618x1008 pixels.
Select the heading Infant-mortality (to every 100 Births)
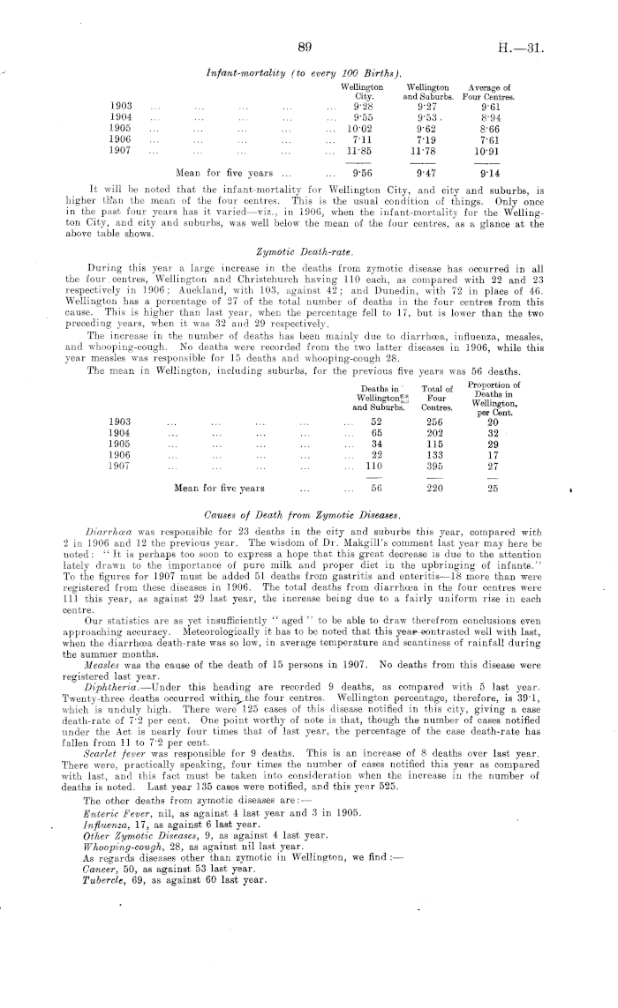(305, 71)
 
